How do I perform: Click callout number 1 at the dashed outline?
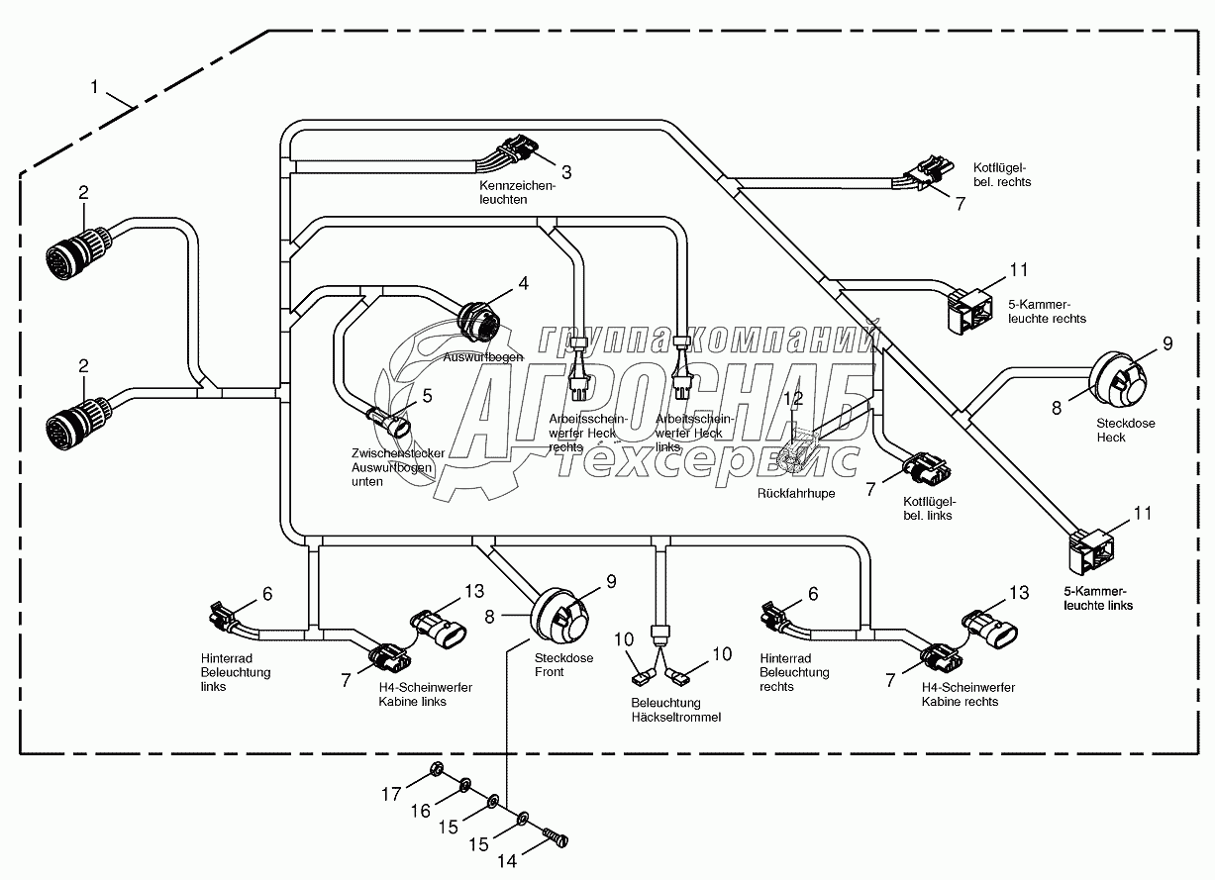click(x=94, y=87)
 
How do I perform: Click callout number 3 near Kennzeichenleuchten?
click(x=566, y=172)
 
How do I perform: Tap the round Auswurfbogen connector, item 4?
click(x=479, y=321)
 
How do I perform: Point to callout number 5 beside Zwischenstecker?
click(x=428, y=395)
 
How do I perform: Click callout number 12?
click(x=793, y=399)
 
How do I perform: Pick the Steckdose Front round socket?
click(x=563, y=615)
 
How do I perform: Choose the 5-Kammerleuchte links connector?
click(x=1092, y=550)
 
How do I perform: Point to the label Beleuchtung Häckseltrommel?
click(x=676, y=710)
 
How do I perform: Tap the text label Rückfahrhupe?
click(x=795, y=492)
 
